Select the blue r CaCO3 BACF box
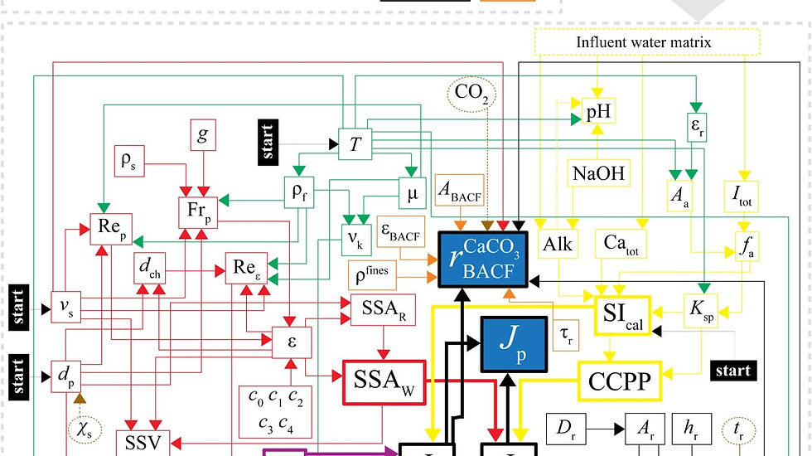(477, 259)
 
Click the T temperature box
(355, 145)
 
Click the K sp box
(703, 312)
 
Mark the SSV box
(143, 442)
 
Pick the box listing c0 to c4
(275, 412)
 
